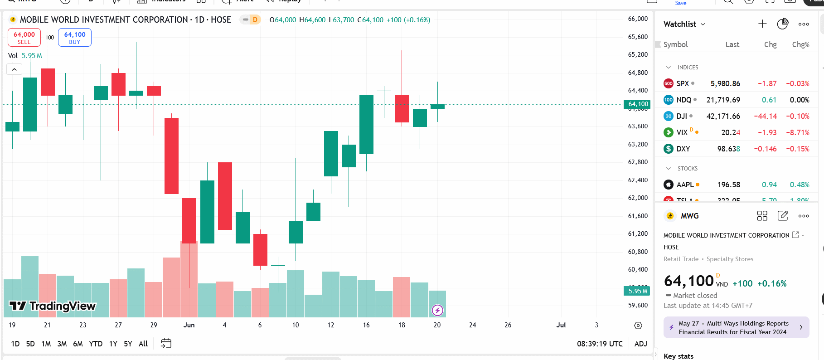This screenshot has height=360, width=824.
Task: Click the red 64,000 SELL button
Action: click(x=24, y=38)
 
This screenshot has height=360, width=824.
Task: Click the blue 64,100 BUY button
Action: click(x=75, y=38)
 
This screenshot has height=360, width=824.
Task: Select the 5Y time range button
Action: click(x=128, y=344)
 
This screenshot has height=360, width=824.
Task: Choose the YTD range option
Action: click(x=96, y=344)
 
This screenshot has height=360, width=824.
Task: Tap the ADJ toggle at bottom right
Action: click(x=640, y=344)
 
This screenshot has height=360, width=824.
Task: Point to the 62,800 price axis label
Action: click(x=638, y=162)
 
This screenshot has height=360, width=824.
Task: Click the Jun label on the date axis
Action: click(x=189, y=325)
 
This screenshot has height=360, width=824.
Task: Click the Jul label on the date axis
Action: click(x=561, y=325)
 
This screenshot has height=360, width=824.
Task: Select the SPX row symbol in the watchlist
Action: click(x=683, y=83)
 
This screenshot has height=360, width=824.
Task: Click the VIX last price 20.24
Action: click(x=731, y=132)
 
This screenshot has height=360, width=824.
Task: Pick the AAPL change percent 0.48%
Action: click(x=800, y=185)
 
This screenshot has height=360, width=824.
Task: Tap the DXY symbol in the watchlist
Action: click(x=683, y=149)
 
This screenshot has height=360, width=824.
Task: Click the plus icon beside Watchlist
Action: click(x=762, y=24)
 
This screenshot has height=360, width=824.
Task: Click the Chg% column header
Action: click(x=800, y=44)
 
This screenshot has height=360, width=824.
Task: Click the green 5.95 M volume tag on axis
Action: click(x=637, y=291)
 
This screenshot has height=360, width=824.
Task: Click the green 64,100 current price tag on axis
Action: click(x=638, y=104)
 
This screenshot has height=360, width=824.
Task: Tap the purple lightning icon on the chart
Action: click(x=437, y=310)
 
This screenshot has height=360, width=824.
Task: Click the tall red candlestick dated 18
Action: click(x=402, y=109)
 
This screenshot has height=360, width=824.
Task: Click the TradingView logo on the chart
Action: click(x=53, y=306)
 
